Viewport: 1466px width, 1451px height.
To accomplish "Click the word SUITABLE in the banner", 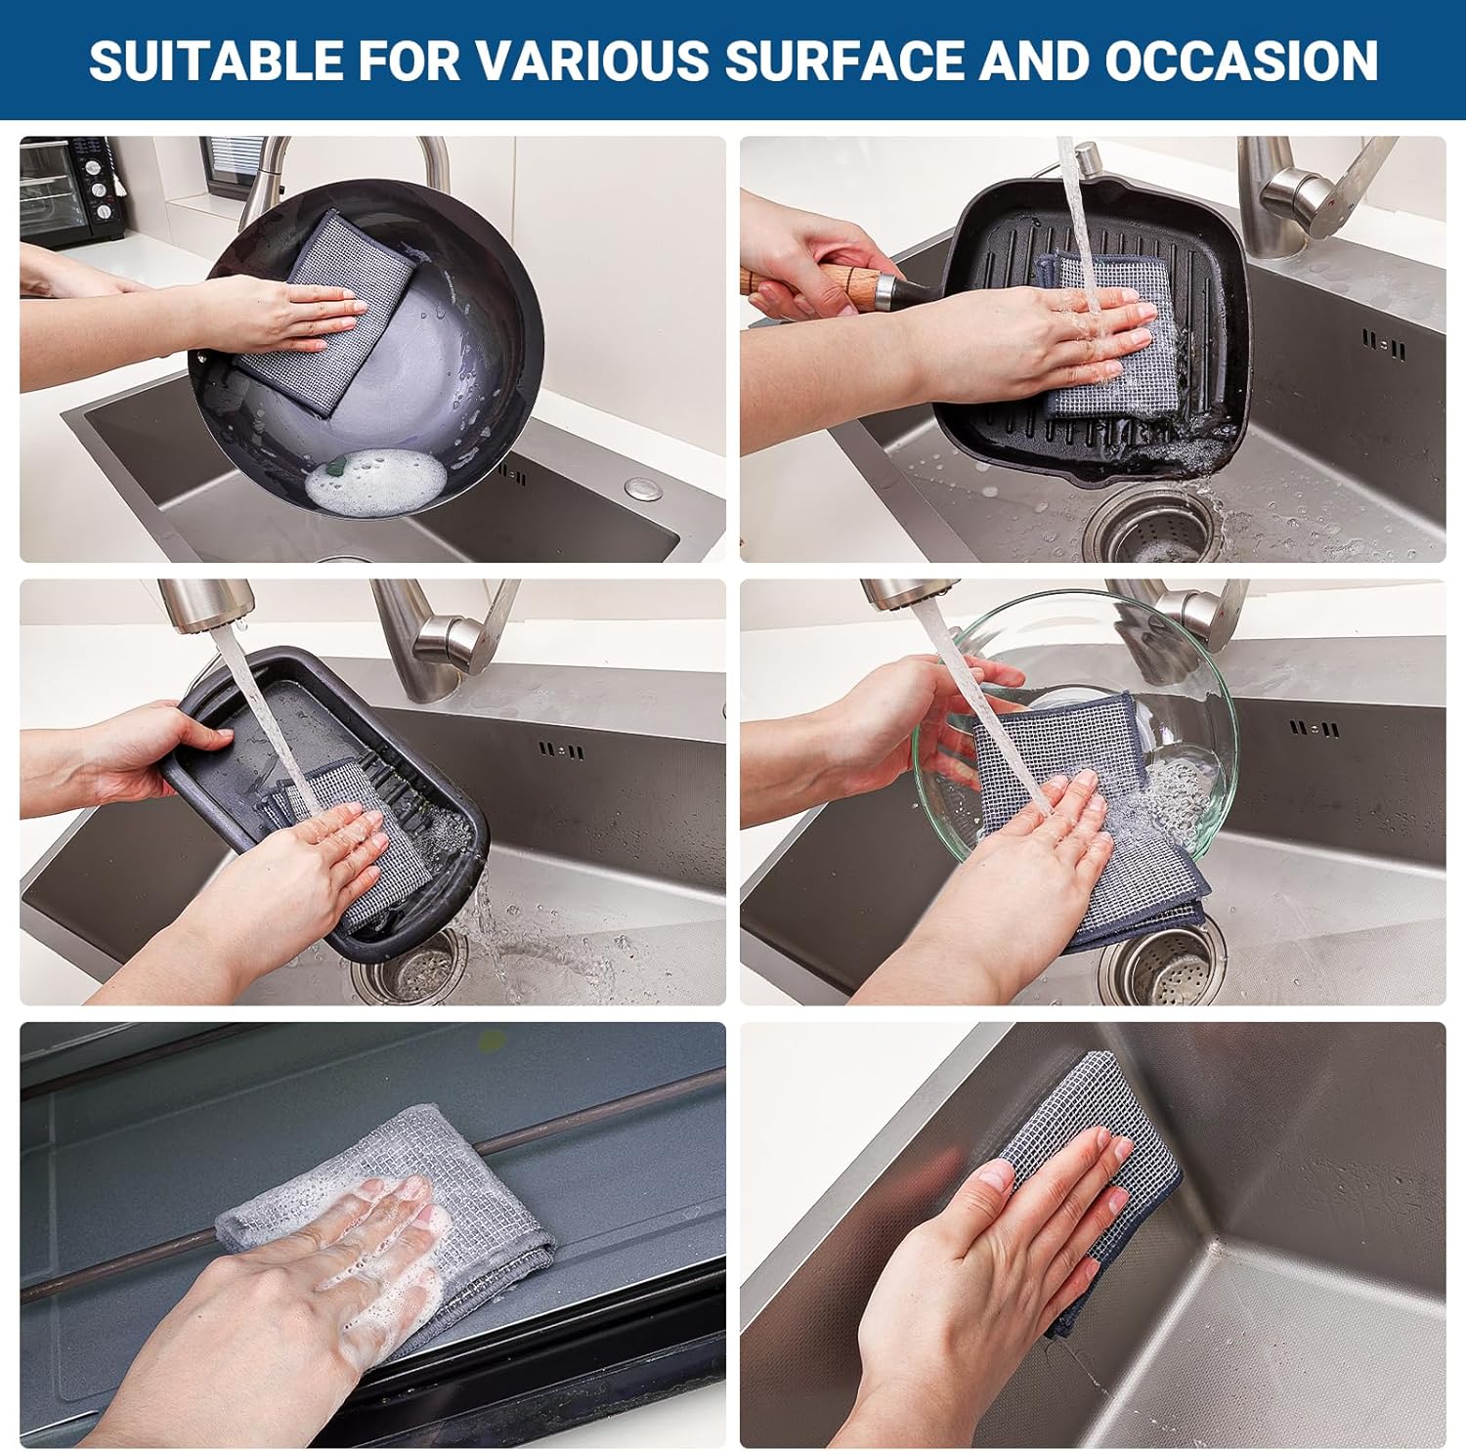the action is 217,60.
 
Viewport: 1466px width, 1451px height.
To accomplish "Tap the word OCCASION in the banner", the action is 1241,60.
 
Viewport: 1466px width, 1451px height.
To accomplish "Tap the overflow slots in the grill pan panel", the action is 1385,342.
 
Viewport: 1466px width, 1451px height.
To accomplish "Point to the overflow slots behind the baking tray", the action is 562,751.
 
